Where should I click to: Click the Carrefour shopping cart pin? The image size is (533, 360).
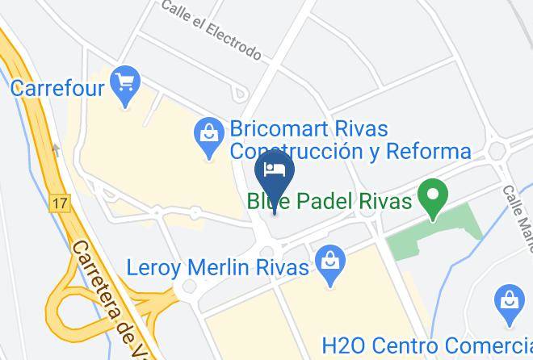(125, 85)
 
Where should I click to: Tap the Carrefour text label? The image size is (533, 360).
(58, 87)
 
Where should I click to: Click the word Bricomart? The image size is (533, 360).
(287, 129)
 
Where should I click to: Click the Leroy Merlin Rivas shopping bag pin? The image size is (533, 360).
(329, 263)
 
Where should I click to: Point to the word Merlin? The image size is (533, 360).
(225, 267)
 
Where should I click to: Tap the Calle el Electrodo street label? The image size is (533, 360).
(211, 30)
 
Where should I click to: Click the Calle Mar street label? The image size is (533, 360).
(518, 213)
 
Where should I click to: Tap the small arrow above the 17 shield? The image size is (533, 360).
(56, 150)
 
